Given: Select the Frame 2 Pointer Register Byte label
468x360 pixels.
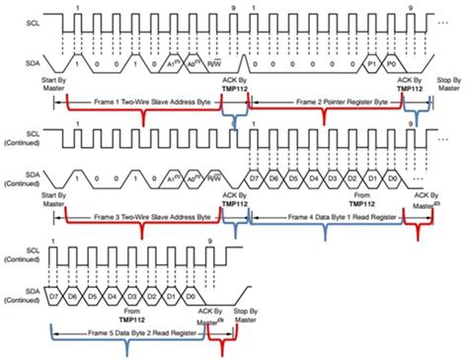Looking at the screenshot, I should tap(322, 103).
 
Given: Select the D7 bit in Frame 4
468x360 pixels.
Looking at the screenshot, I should tap(256, 178).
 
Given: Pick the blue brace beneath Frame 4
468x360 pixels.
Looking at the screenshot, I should tap(327, 225).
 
